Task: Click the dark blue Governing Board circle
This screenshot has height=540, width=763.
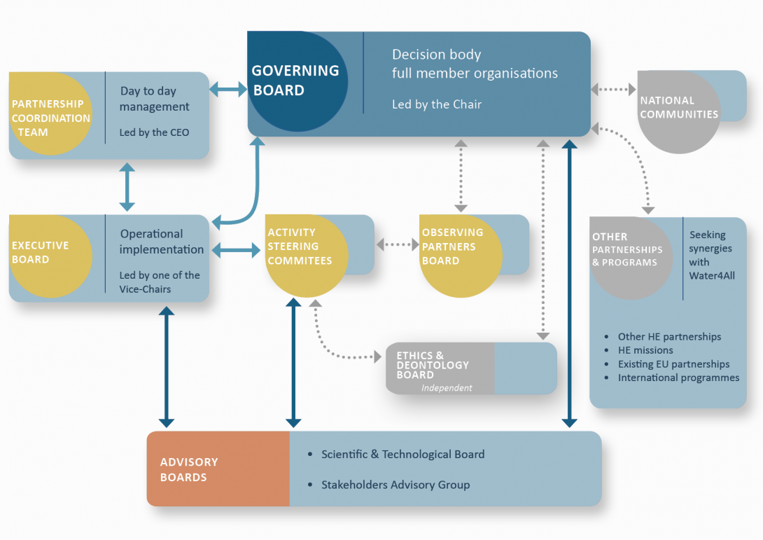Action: [297, 81]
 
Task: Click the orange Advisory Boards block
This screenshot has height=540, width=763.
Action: [218, 469]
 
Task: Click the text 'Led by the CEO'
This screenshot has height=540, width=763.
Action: [154, 132]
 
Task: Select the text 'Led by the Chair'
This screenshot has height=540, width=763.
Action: [437, 104]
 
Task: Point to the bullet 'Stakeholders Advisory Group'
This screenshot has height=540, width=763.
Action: [395, 485]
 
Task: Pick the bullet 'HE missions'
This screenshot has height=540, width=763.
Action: [645, 350]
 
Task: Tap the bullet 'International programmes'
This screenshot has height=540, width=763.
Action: [678, 378]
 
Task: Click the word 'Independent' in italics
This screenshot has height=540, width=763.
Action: [447, 388]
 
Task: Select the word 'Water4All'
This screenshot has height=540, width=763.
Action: [712, 276]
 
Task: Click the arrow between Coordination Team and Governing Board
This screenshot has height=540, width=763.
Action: [228, 89]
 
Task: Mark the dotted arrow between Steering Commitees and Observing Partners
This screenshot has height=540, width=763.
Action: [397, 245]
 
